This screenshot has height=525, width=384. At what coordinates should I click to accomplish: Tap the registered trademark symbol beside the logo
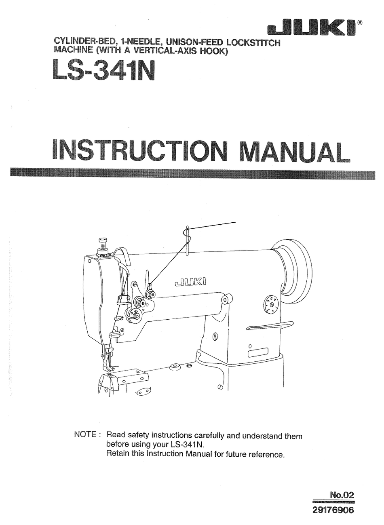(360, 23)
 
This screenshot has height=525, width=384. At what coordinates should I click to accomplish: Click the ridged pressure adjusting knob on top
(101, 245)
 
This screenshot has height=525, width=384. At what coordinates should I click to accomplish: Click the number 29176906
(333, 510)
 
